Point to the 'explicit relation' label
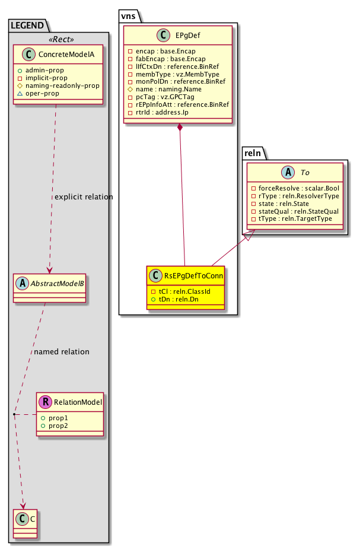click(83, 196)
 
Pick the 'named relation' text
click(62, 351)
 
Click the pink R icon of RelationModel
click(44, 402)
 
